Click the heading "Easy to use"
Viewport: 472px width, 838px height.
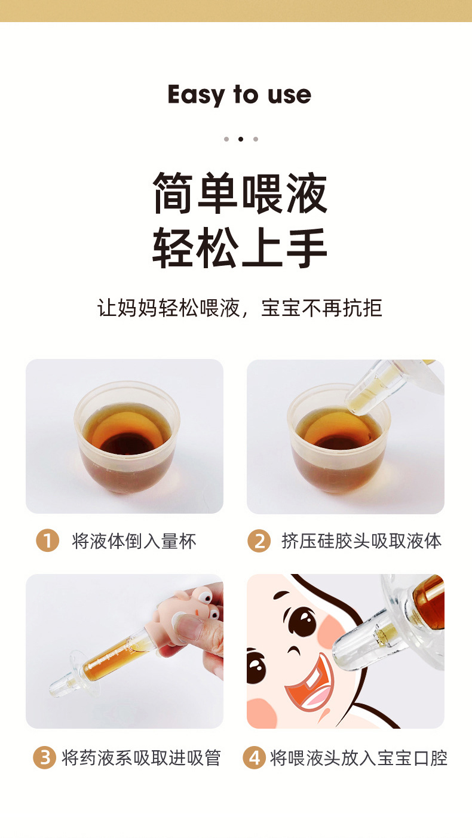[x=239, y=94]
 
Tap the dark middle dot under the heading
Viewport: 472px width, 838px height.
[x=241, y=139]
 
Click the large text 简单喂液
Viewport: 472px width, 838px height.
[x=240, y=193]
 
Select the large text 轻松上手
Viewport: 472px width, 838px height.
[x=240, y=247]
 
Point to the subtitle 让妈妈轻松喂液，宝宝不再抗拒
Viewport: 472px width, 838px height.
[x=240, y=308]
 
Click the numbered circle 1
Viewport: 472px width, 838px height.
[x=48, y=541]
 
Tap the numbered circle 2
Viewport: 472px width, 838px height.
[x=259, y=541]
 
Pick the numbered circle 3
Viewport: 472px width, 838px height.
[x=45, y=757]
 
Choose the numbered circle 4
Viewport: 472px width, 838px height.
[x=255, y=757]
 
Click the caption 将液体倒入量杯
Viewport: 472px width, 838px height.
[x=134, y=541]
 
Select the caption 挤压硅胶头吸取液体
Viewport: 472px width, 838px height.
[x=361, y=541]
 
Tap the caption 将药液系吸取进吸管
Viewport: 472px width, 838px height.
[x=142, y=758]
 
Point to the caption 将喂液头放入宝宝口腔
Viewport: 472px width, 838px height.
[x=358, y=758]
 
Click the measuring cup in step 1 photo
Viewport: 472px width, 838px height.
[x=127, y=437]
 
